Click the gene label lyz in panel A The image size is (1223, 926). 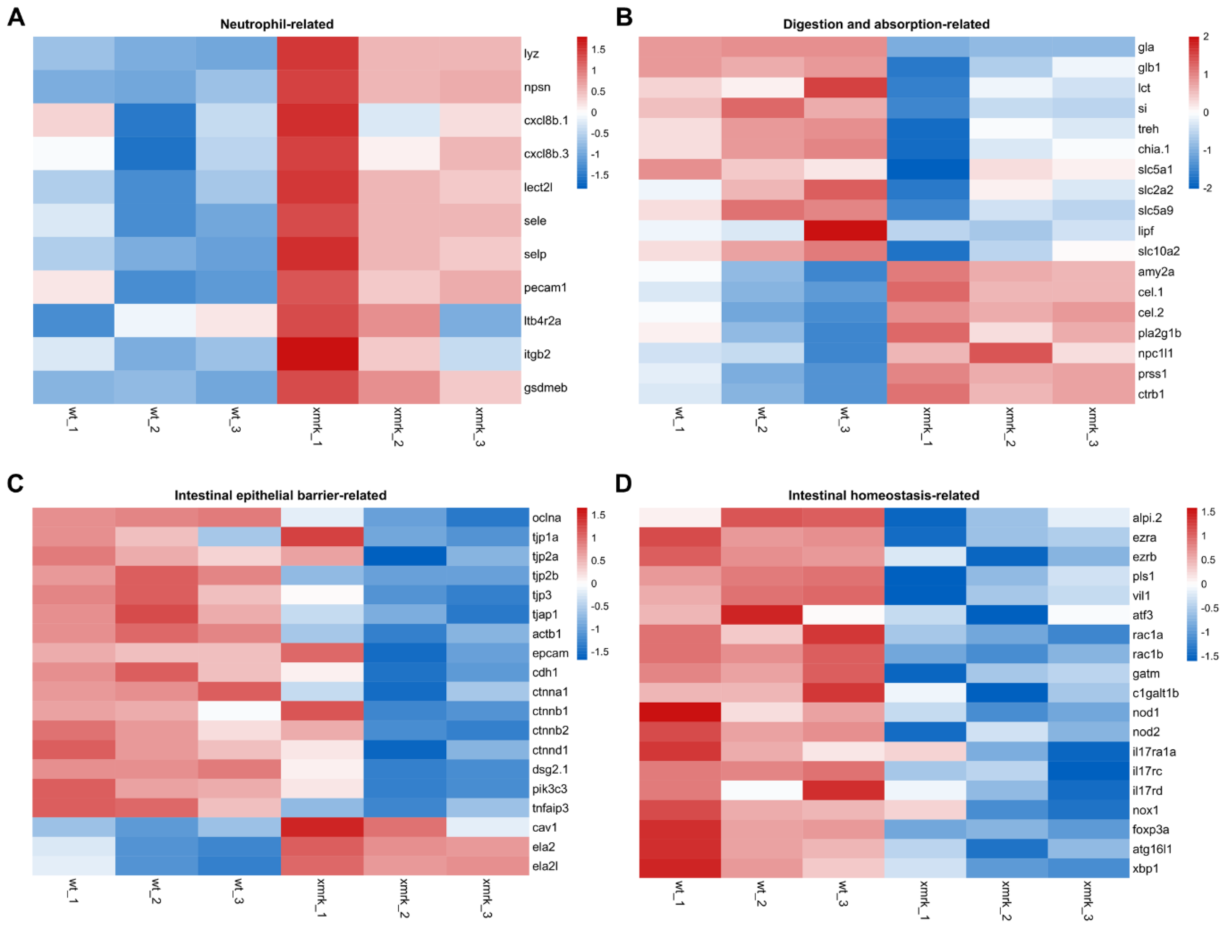point(531,54)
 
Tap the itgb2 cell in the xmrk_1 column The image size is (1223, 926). point(317,354)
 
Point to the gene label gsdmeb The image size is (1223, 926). point(545,387)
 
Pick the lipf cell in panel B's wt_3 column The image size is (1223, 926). point(845,230)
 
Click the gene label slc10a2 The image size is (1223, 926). point(1158,251)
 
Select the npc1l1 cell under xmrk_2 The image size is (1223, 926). point(1010,353)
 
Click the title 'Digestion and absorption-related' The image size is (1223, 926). point(886,24)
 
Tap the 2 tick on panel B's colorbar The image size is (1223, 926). point(1206,36)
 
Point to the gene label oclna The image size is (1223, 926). point(546,518)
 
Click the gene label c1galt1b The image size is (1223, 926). point(1155,693)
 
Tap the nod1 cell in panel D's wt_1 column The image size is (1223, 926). point(680,712)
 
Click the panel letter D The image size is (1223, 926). point(624,484)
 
